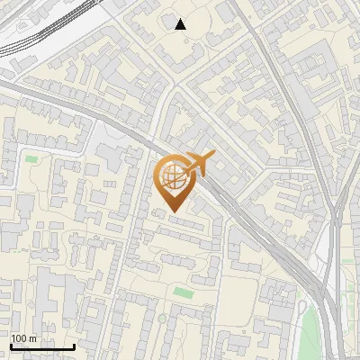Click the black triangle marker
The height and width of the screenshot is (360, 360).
click(181, 24)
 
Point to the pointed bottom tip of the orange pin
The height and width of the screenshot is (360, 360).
click(173, 212)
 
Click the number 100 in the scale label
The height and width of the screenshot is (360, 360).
click(19, 339)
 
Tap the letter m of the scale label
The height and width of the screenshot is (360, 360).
click(32, 339)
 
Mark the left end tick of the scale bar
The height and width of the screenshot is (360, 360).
click(11, 346)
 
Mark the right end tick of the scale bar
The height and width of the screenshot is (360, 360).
click(74, 346)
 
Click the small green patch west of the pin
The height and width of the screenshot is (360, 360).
click(32, 159)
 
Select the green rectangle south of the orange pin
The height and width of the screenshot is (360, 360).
click(184, 292)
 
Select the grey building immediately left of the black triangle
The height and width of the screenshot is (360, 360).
click(166, 21)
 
